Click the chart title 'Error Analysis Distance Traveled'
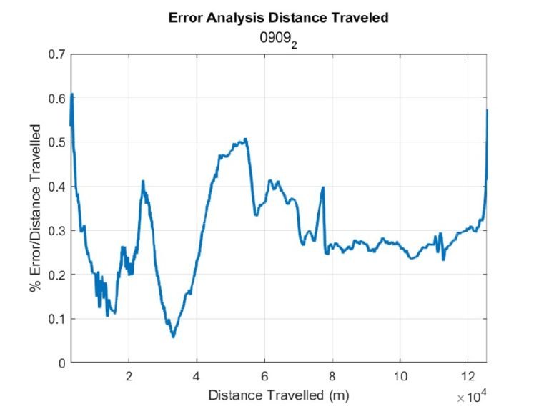(x=278, y=19)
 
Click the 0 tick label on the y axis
(x=61, y=363)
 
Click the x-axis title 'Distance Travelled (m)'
(x=278, y=395)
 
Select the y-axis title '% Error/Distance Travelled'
(x=34, y=209)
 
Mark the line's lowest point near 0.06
(x=173, y=337)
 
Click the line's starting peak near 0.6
(x=72, y=95)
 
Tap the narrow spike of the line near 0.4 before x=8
(x=323, y=188)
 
